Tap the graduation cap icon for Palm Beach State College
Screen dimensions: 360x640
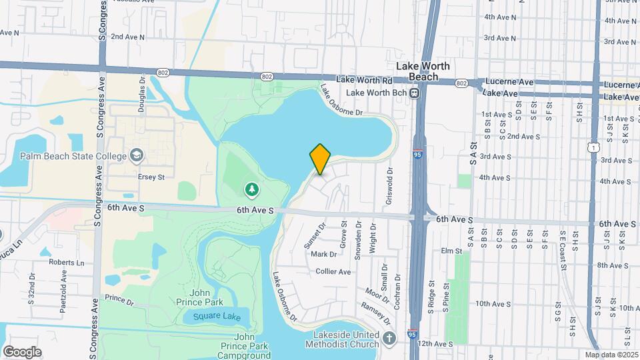[x=137, y=155]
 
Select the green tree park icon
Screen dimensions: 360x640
[x=251, y=191]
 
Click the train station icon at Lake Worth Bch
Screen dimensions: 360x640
[x=414, y=93]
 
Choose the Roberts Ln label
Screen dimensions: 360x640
[x=66, y=263]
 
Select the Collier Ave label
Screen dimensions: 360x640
[x=333, y=271]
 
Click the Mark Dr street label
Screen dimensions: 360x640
[x=324, y=254]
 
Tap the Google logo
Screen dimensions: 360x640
[x=22, y=351]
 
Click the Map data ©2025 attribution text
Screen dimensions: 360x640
[x=611, y=355]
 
